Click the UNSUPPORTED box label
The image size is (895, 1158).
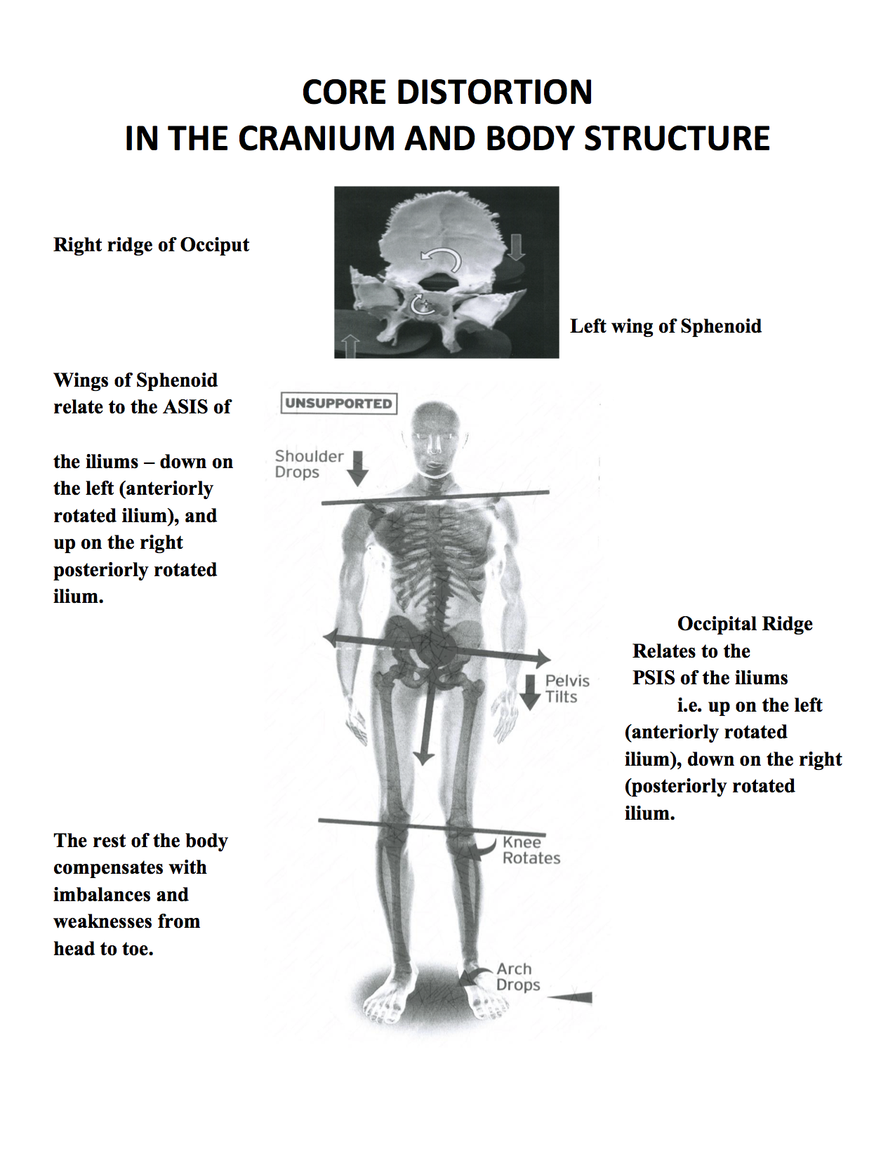point(338,404)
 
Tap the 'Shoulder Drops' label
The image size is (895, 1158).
point(308,464)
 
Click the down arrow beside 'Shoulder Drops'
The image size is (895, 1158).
point(358,468)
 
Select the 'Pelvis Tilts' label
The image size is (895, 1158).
point(566,688)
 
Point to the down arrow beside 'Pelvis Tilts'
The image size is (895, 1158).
point(531,692)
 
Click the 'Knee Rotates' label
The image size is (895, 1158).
point(531,850)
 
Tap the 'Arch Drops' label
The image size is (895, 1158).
point(517,977)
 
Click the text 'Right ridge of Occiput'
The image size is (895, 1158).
point(151,245)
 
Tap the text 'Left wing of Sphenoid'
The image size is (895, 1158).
point(665,326)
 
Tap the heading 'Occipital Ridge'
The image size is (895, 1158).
point(745,624)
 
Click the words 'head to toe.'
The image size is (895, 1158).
point(103,949)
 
